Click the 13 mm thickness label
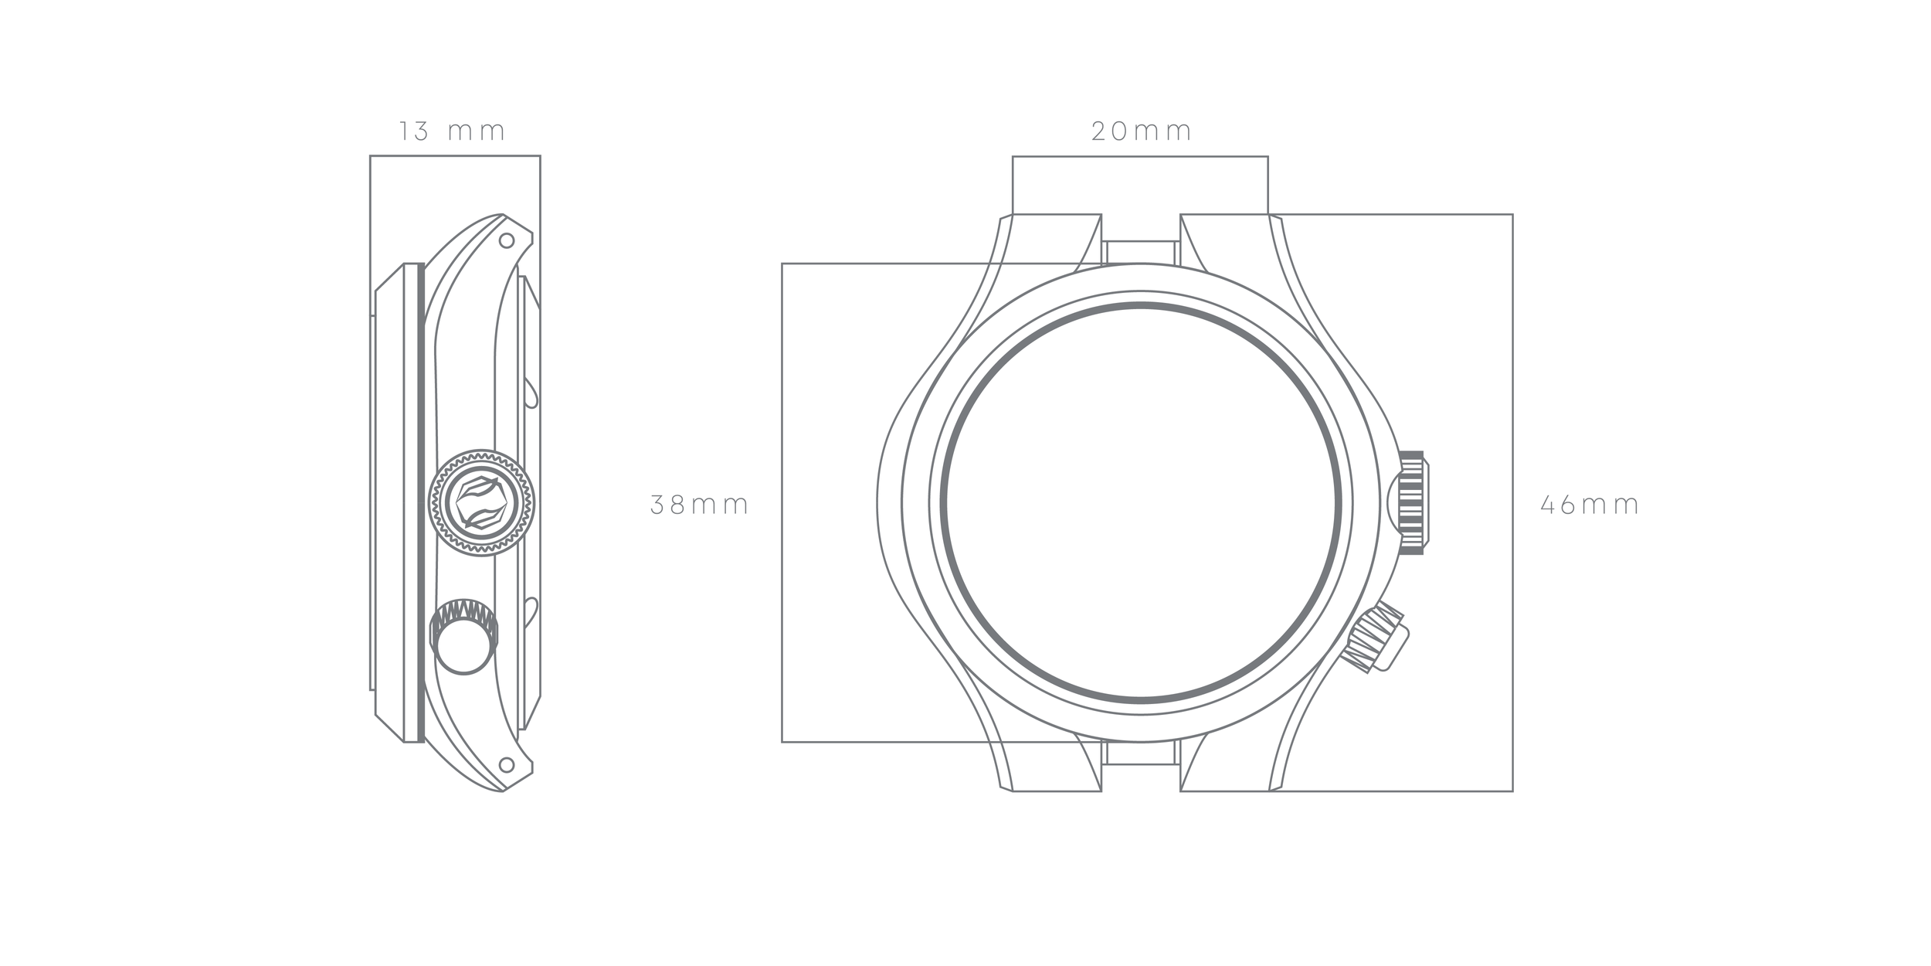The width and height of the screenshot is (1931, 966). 452,131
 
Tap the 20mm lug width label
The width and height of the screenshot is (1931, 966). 1142,131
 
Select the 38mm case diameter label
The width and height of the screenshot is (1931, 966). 700,505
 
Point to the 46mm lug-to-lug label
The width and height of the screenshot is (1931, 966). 1590,505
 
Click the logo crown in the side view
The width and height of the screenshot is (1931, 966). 481,502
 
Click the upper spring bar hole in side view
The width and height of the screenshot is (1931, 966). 507,240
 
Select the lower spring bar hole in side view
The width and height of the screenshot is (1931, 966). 507,765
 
